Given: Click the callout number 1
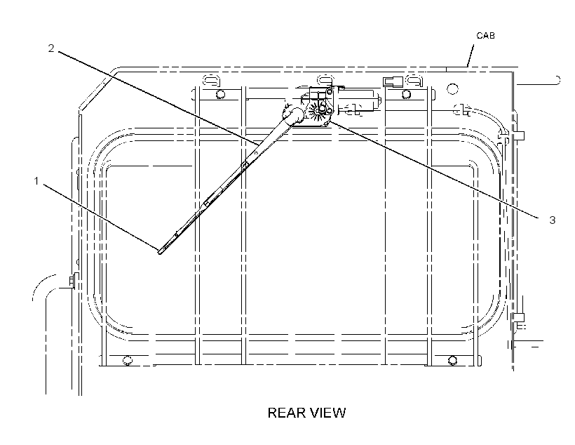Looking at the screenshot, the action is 36,181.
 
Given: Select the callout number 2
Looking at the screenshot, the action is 51,48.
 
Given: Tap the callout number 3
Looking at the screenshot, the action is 553,220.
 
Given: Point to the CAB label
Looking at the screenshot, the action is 485,36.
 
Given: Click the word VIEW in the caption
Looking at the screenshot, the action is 330,413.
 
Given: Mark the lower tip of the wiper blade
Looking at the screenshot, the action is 159,252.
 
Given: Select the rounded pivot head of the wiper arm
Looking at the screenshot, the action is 295,114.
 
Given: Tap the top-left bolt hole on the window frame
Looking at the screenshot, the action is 220,94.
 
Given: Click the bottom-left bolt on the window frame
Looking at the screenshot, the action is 127,360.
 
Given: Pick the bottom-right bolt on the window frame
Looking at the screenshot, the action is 452,360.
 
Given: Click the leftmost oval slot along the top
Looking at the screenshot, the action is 211,80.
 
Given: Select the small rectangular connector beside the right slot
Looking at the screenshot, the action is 393,81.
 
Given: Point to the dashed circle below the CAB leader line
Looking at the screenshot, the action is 452,88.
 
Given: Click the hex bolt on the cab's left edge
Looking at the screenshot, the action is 73,281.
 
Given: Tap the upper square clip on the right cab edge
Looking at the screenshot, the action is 520,136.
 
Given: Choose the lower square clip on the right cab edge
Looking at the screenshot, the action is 520,317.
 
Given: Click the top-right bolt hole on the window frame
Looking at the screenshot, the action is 406,94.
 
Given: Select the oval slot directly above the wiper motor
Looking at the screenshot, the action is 325,80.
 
